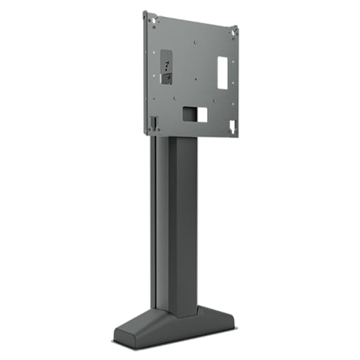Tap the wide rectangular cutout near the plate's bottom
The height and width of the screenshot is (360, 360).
pos(194,113)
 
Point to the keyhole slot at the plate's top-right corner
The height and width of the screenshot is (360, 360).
pos(233,31)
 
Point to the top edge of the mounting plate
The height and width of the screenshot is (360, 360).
pos(191,19)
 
